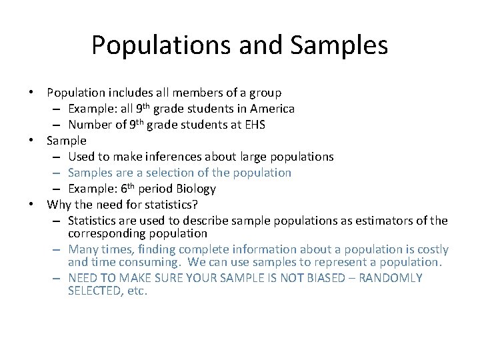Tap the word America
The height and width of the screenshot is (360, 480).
[271, 108]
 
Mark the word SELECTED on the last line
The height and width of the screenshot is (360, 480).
[93, 291]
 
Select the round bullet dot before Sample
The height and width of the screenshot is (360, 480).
[39, 141]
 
